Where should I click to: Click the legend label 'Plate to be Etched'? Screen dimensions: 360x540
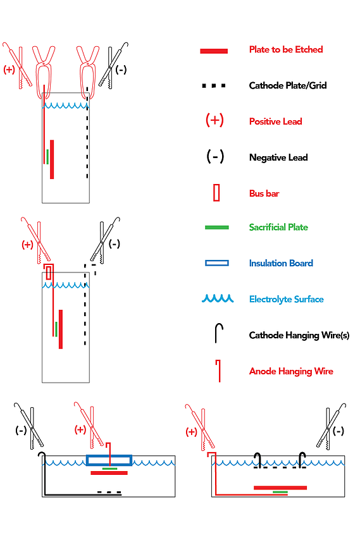[286, 49]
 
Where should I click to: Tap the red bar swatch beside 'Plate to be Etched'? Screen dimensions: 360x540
[214, 51]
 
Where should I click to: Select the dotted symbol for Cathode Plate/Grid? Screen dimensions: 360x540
[214, 85]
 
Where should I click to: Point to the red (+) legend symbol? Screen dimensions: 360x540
[214, 120]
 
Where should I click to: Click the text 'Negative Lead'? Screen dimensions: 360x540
[278, 157]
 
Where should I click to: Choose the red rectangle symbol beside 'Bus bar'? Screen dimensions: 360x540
[216, 193]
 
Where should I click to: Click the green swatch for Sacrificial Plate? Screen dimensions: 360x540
[216, 227]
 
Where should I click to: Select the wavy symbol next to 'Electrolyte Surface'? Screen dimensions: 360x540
[218, 298]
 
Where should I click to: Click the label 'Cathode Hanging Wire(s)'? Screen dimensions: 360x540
[299, 335]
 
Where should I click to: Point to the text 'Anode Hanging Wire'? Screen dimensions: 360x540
[291, 371]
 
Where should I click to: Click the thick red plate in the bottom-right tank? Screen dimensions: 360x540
[280, 488]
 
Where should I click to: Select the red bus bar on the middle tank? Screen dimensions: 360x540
[49, 273]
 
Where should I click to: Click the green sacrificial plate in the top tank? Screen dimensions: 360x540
[47, 157]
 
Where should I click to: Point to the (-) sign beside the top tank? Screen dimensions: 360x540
[121, 70]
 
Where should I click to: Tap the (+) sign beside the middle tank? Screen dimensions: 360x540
[27, 245]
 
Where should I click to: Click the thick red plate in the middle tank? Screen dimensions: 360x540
[61, 329]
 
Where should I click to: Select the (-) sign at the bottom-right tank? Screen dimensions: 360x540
[338, 431]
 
